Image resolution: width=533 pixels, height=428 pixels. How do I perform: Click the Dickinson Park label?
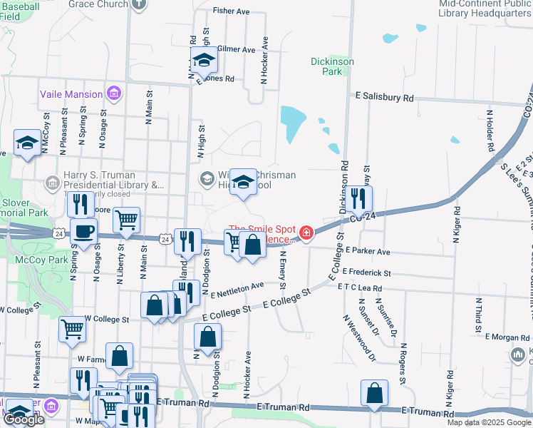(332, 66)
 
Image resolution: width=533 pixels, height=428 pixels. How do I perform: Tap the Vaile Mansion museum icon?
(113, 93)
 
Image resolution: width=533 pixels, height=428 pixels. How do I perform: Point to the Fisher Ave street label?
(232, 12)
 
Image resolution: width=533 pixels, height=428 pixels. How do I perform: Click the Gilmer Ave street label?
(236, 50)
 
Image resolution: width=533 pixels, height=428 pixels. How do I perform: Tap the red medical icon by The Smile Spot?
(306, 233)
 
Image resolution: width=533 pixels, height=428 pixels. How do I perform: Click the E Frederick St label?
(366, 272)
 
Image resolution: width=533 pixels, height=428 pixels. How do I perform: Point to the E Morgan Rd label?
(507, 336)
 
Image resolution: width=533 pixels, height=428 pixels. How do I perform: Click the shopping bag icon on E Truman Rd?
(374, 393)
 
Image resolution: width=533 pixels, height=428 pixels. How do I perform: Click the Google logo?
(24, 419)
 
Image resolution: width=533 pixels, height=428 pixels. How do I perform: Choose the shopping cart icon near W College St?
(73, 329)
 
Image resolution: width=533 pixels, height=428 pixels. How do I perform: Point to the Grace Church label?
(98, 4)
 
